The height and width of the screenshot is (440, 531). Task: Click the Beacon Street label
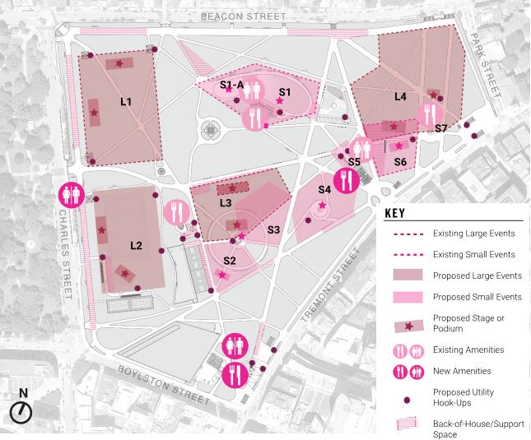(243, 16)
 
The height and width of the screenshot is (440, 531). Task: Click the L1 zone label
(126, 102)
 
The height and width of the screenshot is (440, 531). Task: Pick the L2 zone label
(136, 246)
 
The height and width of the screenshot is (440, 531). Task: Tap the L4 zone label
(400, 97)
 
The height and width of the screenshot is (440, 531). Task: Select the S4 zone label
(324, 191)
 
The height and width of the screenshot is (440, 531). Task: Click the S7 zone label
(440, 129)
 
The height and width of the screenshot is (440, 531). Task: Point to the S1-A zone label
(231, 85)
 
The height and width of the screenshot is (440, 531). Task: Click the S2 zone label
(230, 261)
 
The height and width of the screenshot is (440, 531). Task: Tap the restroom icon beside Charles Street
(70, 195)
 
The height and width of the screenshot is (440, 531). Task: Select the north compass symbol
(21, 410)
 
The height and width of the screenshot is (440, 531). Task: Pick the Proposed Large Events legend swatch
(403, 276)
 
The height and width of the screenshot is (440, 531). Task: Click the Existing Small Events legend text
(474, 255)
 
